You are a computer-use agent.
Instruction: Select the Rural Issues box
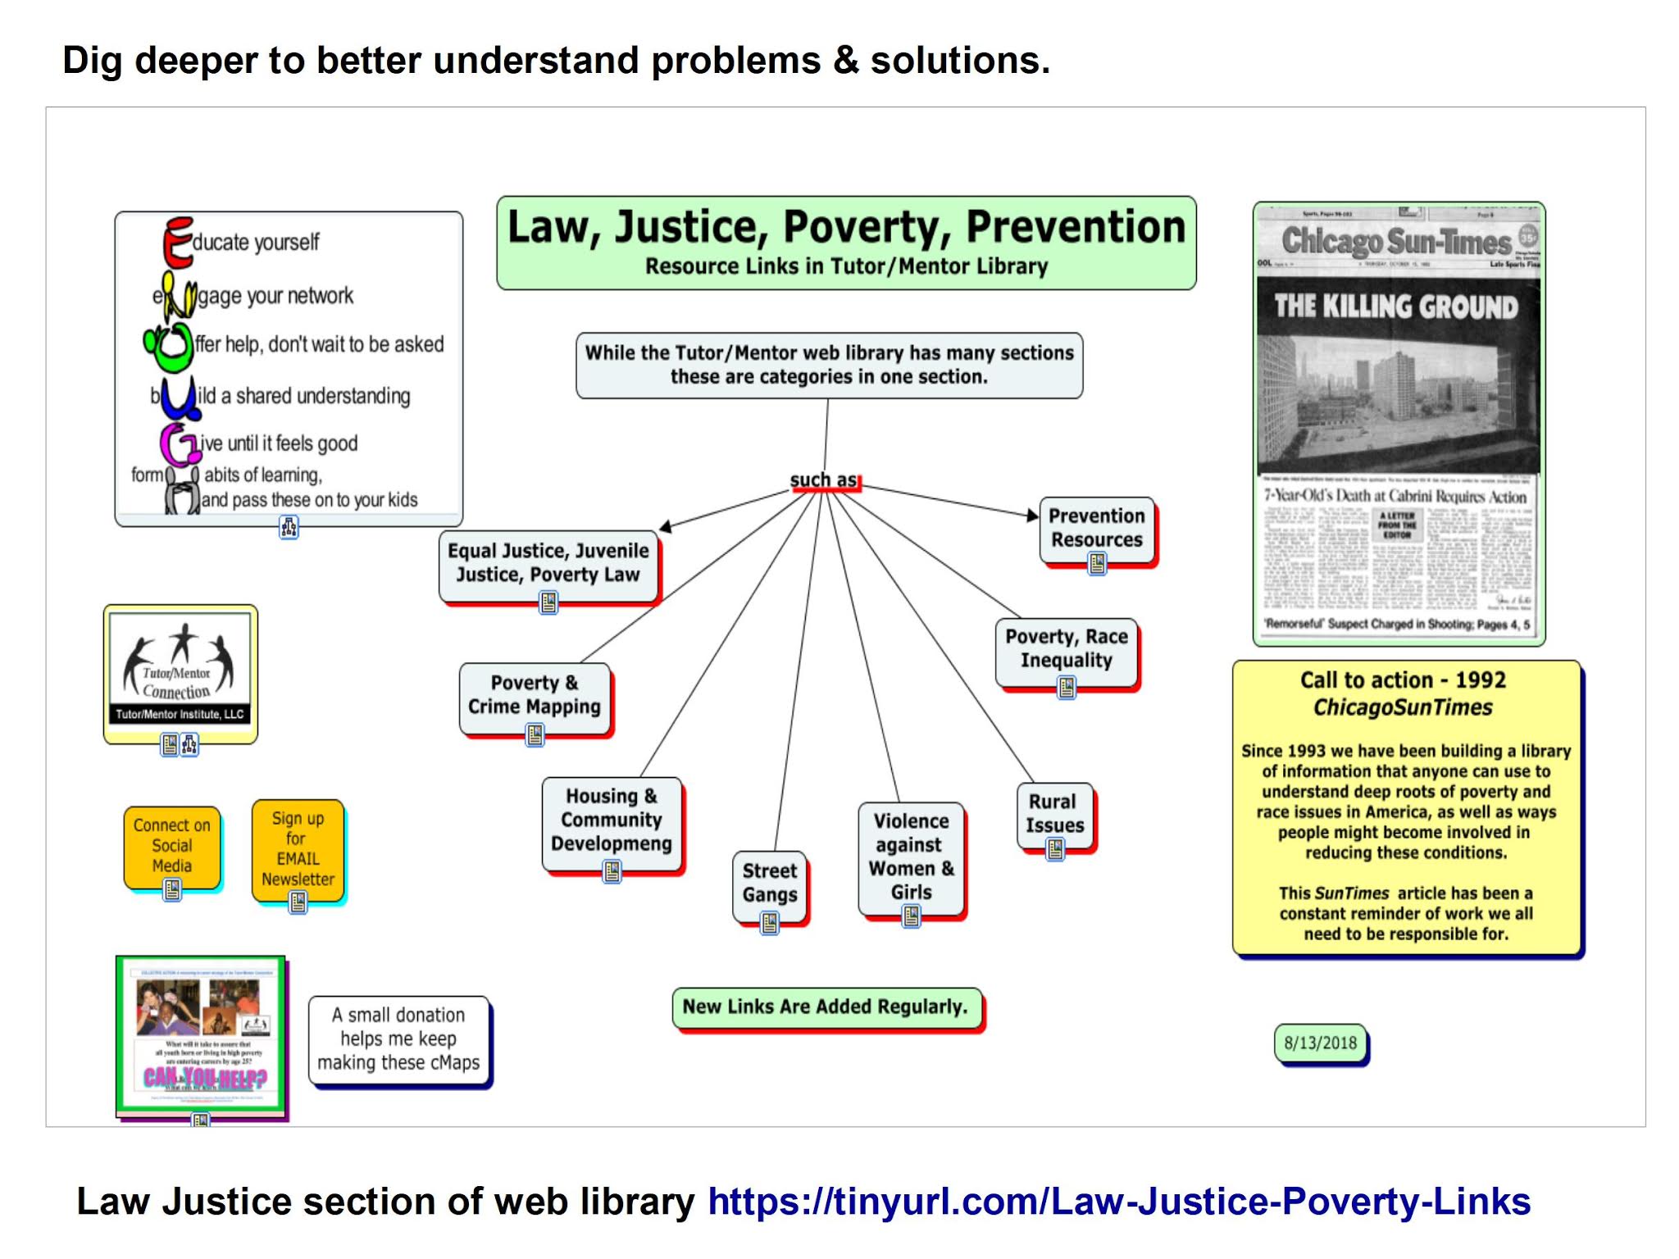[x=1054, y=813]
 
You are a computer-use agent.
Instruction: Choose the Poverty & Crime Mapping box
[x=535, y=694]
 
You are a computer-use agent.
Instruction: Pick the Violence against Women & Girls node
[x=911, y=856]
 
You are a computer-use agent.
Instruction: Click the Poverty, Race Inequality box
[x=1066, y=648]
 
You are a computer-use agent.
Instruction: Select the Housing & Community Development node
[x=611, y=820]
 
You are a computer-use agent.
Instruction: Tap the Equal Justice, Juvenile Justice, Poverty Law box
[x=548, y=562]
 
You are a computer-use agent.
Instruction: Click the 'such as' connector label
[x=823, y=480]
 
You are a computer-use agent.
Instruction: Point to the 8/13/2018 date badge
[x=1320, y=1043]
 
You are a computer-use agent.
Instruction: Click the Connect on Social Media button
[x=172, y=845]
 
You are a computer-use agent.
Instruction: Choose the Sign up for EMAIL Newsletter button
[x=298, y=848]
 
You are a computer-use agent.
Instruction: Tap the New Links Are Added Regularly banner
[x=826, y=1007]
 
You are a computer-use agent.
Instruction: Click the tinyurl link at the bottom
[x=1118, y=1202]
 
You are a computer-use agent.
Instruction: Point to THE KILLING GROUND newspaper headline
[x=1396, y=307]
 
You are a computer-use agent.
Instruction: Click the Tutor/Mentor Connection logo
[x=180, y=672]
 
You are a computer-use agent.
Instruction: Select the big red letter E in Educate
[x=178, y=242]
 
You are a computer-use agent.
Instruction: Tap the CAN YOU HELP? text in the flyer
[x=205, y=1077]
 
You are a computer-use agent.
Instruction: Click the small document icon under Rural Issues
[x=1055, y=850]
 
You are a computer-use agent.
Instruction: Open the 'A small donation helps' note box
[x=398, y=1039]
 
